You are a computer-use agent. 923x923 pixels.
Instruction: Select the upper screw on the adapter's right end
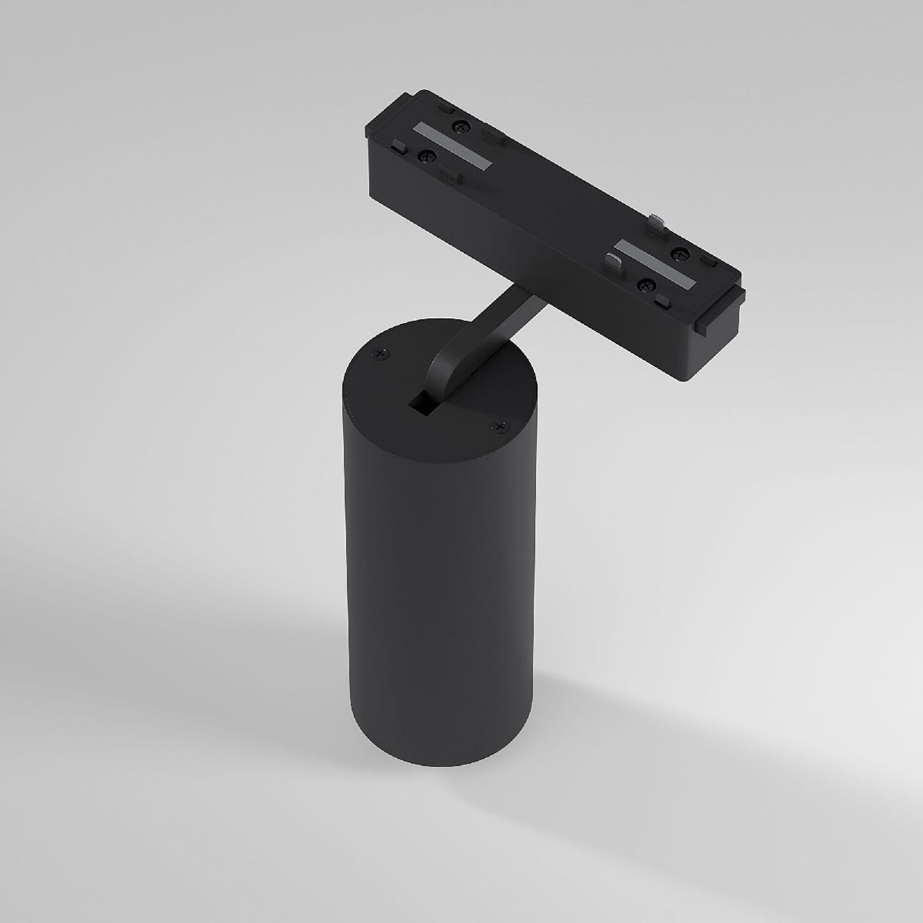(x=678, y=252)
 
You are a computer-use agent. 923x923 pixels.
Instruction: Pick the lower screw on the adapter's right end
(x=643, y=285)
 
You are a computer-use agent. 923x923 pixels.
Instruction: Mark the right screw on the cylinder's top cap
(x=501, y=425)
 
